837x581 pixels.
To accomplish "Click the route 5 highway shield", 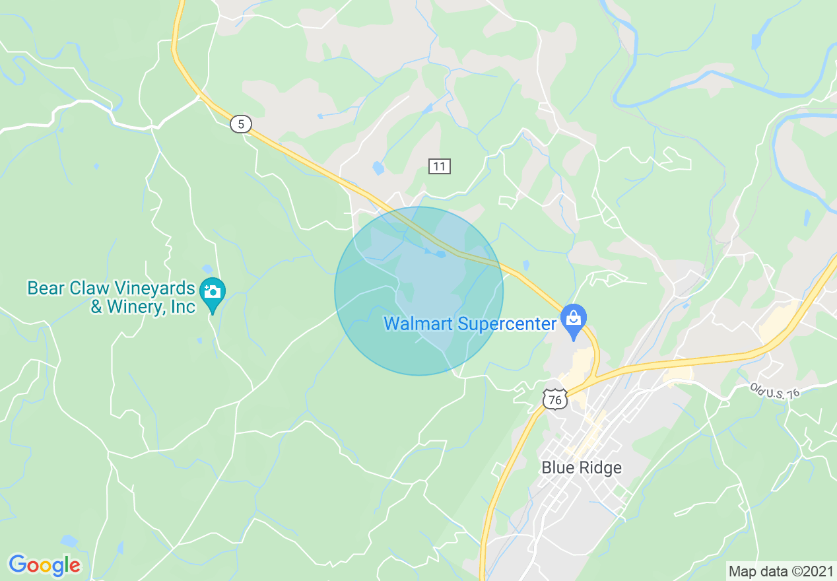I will [x=242, y=124].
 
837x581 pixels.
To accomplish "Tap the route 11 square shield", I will [x=439, y=166].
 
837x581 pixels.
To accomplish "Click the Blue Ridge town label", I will [x=581, y=467].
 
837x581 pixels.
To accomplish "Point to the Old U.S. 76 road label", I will [x=774, y=390].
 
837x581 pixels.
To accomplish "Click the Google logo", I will [x=44, y=565].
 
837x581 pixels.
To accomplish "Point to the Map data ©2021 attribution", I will [x=780, y=571].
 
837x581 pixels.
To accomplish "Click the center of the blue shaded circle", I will [x=419, y=291].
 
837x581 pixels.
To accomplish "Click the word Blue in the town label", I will [x=556, y=467].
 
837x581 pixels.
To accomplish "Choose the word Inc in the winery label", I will [x=182, y=307].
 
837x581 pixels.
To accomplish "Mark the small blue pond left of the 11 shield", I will [x=378, y=168].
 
